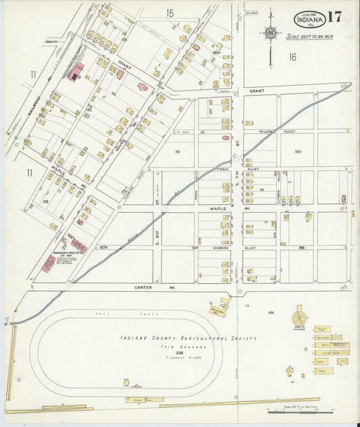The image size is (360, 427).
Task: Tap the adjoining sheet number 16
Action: (x=292, y=57)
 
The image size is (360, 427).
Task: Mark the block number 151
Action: (x=178, y=152)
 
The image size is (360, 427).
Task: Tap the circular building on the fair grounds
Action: (x=298, y=316)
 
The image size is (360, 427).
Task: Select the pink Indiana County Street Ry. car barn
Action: (x=49, y=263)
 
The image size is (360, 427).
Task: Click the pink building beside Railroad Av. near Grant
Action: (x=78, y=70)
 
